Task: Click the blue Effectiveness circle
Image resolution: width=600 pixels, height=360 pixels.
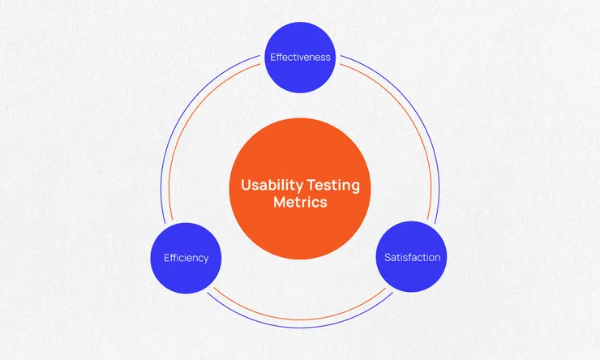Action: pyautogui.click(x=300, y=58)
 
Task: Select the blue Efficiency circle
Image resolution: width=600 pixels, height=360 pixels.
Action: pyautogui.click(x=186, y=258)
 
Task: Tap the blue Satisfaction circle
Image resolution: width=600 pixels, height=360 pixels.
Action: pyautogui.click(x=411, y=257)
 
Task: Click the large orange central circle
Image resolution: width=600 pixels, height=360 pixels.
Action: pyautogui.click(x=300, y=189)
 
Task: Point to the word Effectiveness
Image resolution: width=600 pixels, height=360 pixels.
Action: pyautogui.click(x=300, y=57)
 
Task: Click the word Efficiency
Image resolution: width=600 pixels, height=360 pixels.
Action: pyautogui.click(x=186, y=258)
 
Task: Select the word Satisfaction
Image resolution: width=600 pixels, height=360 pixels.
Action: pyautogui.click(x=412, y=257)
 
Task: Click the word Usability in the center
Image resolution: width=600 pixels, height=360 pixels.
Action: pyautogui.click(x=272, y=186)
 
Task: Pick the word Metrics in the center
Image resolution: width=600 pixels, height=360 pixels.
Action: pyautogui.click(x=300, y=202)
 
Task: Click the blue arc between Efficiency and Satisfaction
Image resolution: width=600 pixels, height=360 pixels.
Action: pyautogui.click(x=300, y=328)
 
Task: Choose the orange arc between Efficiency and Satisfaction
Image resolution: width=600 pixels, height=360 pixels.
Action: pyautogui.click(x=300, y=319)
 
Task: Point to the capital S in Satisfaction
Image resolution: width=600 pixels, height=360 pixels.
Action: pyautogui.click(x=388, y=257)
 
